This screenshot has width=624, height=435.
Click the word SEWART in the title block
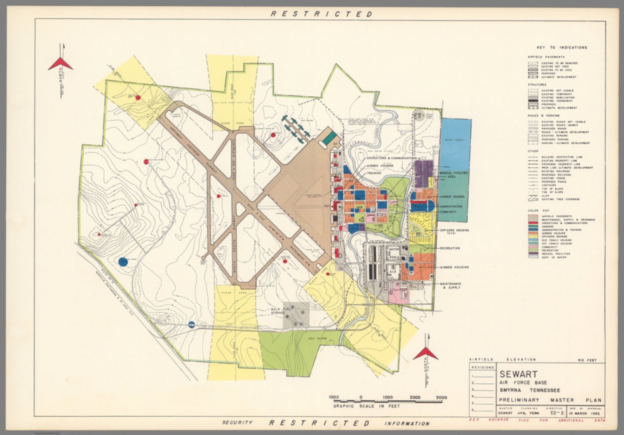pos(518,374)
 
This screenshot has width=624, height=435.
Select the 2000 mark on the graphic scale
pos(415,397)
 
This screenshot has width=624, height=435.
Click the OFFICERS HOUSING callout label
pos(454,231)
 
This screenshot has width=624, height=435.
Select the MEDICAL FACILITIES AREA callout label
pos(453,175)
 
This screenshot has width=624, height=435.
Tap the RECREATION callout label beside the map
pos(449,248)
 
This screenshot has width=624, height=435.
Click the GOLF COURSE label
pos(316,337)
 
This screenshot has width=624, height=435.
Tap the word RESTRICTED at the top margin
pos(321,14)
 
